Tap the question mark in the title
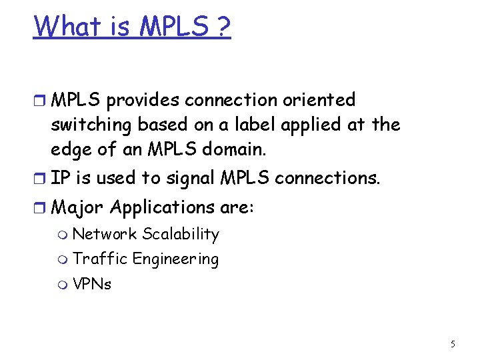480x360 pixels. pos(221,26)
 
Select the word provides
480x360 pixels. pos(143,100)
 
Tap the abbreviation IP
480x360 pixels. pos(59,178)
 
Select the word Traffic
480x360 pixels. pos(99,259)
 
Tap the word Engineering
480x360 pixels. pos(176,259)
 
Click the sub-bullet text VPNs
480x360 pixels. pos(92,284)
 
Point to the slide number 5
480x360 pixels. pos(453,344)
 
